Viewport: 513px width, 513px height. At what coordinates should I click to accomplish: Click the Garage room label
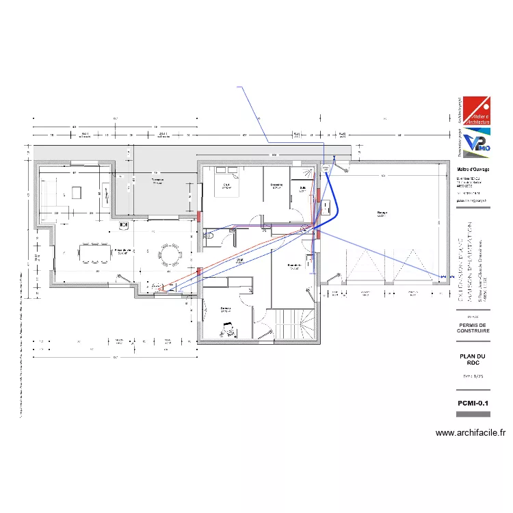tap(381, 213)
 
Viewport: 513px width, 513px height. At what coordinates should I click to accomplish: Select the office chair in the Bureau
tap(225, 331)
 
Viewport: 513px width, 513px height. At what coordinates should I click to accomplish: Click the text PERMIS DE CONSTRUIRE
tap(473, 328)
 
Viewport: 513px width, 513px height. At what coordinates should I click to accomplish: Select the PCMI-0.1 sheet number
tap(473, 404)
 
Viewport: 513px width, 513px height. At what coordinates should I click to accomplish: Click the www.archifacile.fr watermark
tap(470, 433)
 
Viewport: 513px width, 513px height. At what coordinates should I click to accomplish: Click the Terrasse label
tap(157, 181)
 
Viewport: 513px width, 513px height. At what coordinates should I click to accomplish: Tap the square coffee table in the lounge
tap(75, 192)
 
